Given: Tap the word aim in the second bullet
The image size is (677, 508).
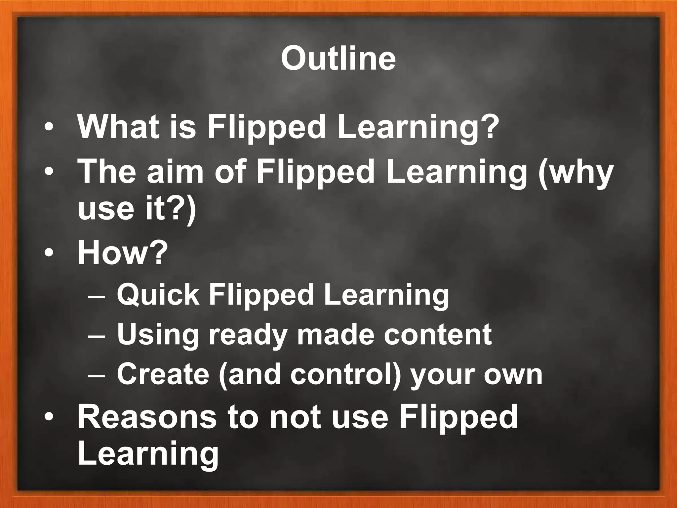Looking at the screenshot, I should pos(175,172).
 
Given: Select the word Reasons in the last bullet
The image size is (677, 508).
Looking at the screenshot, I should pos(147,417).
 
